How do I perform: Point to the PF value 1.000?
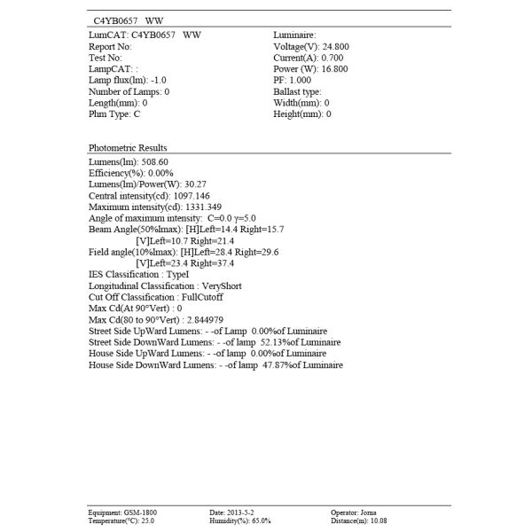point(302,80)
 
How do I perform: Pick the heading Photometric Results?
point(128,147)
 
